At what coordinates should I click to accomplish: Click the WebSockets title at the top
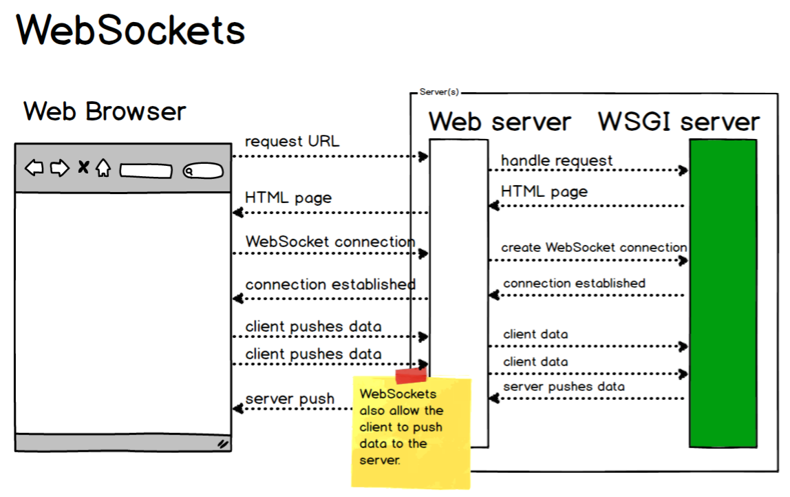(131, 30)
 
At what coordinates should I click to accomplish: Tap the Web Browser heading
(105, 111)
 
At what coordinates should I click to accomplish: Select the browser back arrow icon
(34, 167)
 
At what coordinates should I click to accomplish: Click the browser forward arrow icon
(61, 167)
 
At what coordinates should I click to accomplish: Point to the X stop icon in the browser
(83, 167)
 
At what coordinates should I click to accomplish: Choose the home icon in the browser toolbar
(103, 167)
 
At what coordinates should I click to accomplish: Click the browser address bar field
(146, 170)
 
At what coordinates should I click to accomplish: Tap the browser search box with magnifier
(203, 171)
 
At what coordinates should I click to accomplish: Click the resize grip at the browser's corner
(223, 444)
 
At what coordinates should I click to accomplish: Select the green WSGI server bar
(723, 293)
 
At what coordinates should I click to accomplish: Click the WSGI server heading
(679, 122)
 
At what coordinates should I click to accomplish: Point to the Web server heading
(500, 122)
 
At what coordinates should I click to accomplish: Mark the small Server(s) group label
(438, 92)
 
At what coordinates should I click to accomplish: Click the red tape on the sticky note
(411, 375)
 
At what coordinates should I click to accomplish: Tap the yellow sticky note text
(402, 427)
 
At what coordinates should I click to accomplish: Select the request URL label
(292, 142)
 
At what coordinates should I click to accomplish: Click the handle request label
(556, 161)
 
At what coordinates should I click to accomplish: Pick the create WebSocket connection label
(594, 247)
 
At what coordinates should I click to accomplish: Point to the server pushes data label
(564, 386)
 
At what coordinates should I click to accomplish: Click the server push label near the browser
(290, 399)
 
